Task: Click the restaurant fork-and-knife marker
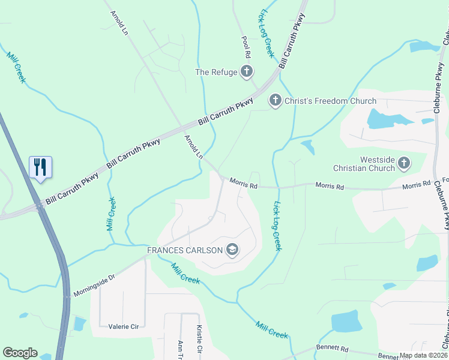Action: click(x=40, y=167)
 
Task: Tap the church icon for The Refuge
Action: click(x=246, y=72)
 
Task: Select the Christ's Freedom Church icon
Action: click(x=275, y=100)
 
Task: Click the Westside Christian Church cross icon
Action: click(x=404, y=163)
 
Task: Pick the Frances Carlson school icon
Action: click(x=232, y=250)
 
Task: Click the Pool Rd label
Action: click(x=246, y=47)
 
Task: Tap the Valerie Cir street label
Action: click(x=123, y=326)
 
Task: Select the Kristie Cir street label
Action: click(x=199, y=339)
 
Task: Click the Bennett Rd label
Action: click(x=332, y=348)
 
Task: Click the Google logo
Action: click(x=20, y=353)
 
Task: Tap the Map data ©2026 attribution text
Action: click(x=423, y=355)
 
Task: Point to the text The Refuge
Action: click(x=216, y=72)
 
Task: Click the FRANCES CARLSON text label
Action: click(x=185, y=250)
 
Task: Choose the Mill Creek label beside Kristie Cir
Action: click(x=272, y=328)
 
